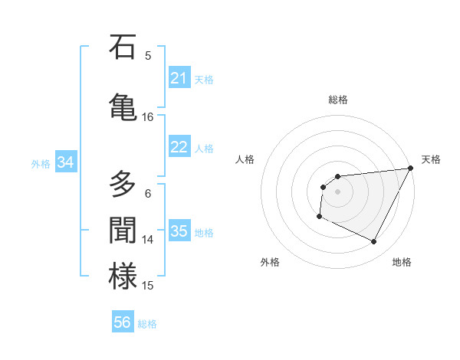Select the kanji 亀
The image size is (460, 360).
tap(123, 107)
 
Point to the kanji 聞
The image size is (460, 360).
tap(123, 231)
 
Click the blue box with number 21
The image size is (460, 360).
tap(179, 78)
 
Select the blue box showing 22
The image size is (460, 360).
tap(179, 147)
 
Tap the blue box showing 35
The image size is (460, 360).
tap(179, 231)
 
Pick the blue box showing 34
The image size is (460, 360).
tap(66, 162)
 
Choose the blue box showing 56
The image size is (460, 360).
tap(123, 322)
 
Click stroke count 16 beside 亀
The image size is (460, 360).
tap(148, 117)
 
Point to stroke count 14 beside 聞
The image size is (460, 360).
tap(148, 240)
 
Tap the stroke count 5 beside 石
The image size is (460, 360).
tap(148, 55)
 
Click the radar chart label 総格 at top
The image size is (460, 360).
tap(338, 100)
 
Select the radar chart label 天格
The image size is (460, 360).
tap(431, 159)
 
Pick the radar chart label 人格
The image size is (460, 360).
tap(245, 159)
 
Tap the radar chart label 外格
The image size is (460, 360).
tap(270, 262)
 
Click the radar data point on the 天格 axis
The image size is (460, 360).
tap(411, 169)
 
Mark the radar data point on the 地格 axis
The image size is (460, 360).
tap(374, 242)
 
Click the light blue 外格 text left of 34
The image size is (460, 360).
tap(41, 163)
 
